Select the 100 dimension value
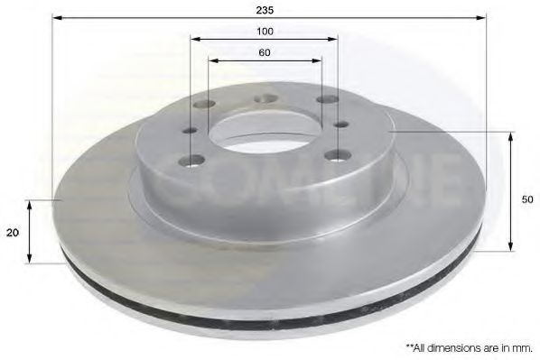click(x=265, y=31)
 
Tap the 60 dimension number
click(x=265, y=53)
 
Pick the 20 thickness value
click(x=13, y=232)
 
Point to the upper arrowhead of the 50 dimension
click(x=512, y=136)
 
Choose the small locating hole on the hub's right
click(x=340, y=125)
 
